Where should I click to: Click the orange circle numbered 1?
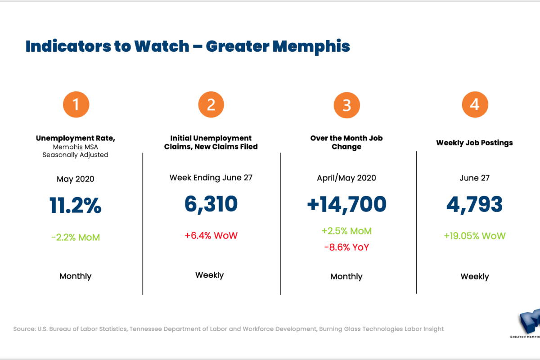[76, 104]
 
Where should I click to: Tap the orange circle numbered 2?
[211, 104]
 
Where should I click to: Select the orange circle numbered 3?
[346, 105]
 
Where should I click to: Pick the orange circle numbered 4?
[475, 104]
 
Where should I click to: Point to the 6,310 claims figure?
[211, 204]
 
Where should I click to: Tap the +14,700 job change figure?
[346, 204]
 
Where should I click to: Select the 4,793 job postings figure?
[474, 204]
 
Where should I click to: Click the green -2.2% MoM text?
[76, 237]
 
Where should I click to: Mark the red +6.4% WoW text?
[211, 235]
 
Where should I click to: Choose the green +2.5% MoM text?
[346, 231]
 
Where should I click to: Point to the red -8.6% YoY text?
[346, 247]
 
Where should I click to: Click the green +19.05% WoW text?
[474, 236]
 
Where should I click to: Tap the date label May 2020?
[76, 179]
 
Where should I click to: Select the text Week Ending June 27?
[211, 177]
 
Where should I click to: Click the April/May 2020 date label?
[346, 178]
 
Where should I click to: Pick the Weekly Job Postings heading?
[474, 143]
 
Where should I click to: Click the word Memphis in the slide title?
[315, 47]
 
